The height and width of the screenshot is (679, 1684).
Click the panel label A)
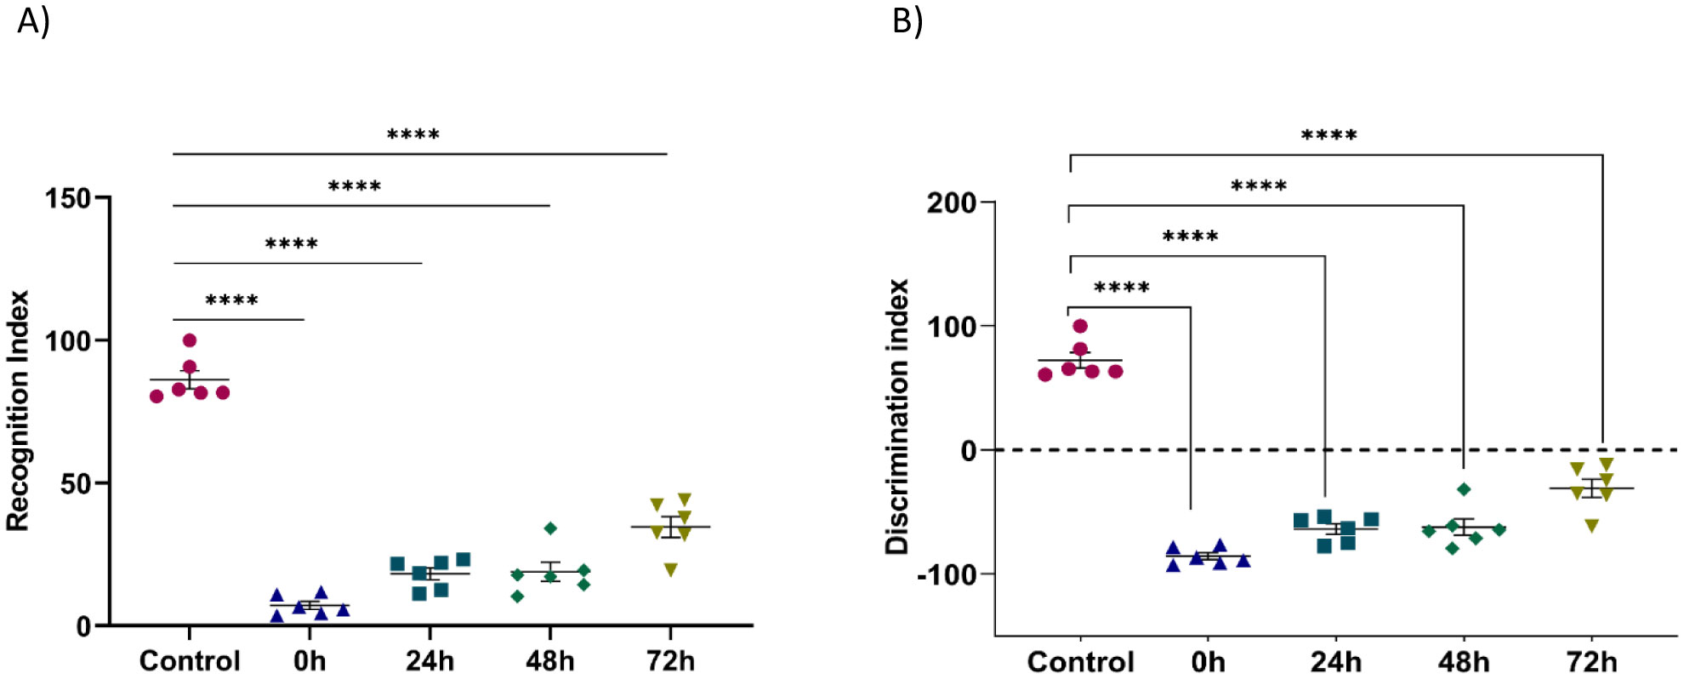[33, 20]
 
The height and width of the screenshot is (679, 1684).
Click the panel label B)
[907, 20]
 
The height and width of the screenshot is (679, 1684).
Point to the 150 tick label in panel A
[68, 198]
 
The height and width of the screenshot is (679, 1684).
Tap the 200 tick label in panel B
[951, 203]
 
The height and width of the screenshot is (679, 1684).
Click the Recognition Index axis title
[19, 411]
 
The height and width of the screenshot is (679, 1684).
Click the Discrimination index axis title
[897, 417]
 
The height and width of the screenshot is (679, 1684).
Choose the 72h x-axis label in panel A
[670, 660]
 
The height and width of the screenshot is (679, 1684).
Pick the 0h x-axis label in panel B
[1208, 661]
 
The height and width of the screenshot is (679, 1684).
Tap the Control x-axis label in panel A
[190, 660]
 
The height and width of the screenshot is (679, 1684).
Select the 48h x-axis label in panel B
[1464, 661]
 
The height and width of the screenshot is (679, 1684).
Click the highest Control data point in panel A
[190, 340]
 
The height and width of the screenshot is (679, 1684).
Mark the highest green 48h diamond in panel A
[550, 528]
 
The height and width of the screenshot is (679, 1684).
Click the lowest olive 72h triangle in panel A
[671, 570]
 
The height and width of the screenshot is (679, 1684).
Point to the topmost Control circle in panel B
[1080, 326]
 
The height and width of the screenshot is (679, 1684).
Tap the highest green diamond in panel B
[1464, 489]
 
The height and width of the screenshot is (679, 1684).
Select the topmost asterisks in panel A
[413, 134]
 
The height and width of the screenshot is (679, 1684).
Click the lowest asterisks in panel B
[1122, 288]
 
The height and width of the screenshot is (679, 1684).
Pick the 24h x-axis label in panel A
[430, 660]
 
